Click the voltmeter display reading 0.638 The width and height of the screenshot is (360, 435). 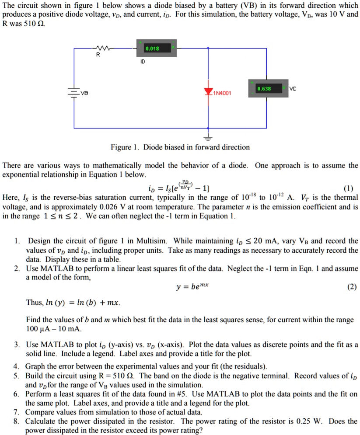pos(264,89)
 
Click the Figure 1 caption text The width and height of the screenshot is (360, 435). pos(180,147)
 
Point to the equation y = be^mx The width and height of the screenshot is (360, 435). pos(192,287)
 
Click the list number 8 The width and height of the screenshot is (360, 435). pos(16,421)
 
